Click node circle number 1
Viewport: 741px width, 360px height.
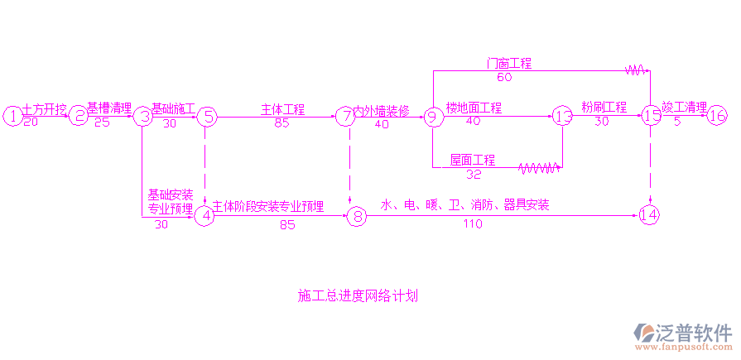click(x=12, y=117)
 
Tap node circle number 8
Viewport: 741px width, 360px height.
click(x=356, y=217)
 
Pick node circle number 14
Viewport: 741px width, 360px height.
click(x=650, y=215)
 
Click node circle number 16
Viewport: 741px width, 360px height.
click(x=717, y=117)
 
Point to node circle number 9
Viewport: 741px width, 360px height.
click(x=431, y=117)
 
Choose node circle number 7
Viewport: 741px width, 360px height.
click(x=345, y=117)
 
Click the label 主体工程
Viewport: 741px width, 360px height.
click(x=283, y=108)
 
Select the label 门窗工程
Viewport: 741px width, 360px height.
click(x=508, y=63)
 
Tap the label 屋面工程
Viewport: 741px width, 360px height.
click(x=473, y=160)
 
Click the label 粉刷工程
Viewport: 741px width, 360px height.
click(x=604, y=107)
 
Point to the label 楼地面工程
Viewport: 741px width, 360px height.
click(x=474, y=108)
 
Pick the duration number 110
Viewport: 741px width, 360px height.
click(x=473, y=224)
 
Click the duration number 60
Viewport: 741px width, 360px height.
click(x=504, y=77)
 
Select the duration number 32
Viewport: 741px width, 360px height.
click(x=474, y=174)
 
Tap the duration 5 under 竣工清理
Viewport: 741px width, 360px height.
click(x=677, y=122)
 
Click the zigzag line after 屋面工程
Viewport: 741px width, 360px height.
click(x=538, y=168)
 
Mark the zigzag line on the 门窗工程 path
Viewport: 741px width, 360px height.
click(x=635, y=70)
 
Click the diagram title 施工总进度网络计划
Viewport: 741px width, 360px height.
click(x=357, y=295)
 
